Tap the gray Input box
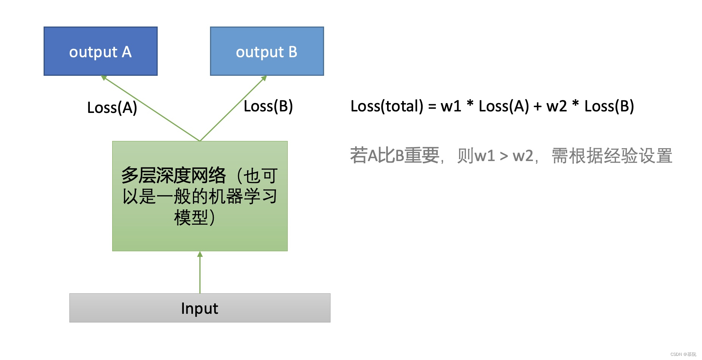(200, 308)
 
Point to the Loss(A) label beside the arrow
(112, 108)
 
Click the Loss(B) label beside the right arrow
(268, 106)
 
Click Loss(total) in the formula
(387, 106)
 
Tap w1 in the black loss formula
(451, 106)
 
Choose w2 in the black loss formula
(556, 106)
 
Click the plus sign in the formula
(537, 106)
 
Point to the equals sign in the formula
(432, 106)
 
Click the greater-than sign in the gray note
(504, 156)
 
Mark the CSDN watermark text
(683, 354)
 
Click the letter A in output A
(127, 52)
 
